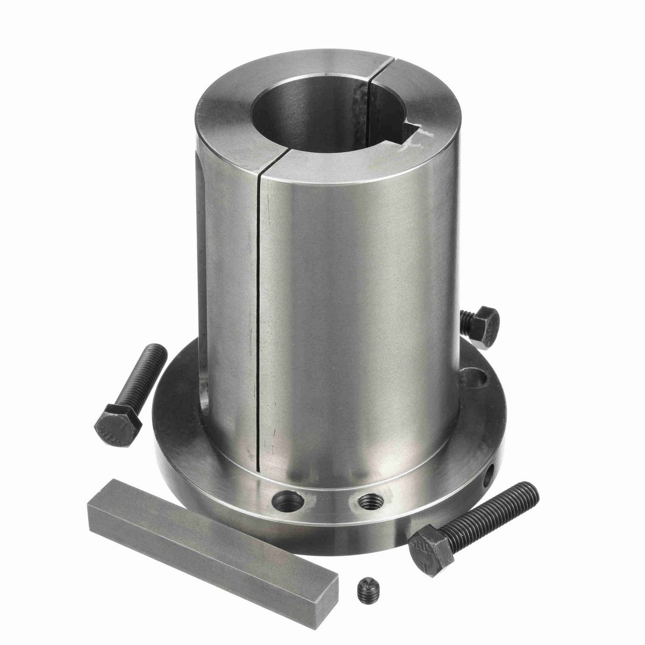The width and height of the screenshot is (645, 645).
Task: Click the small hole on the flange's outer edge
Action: click(490, 475)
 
